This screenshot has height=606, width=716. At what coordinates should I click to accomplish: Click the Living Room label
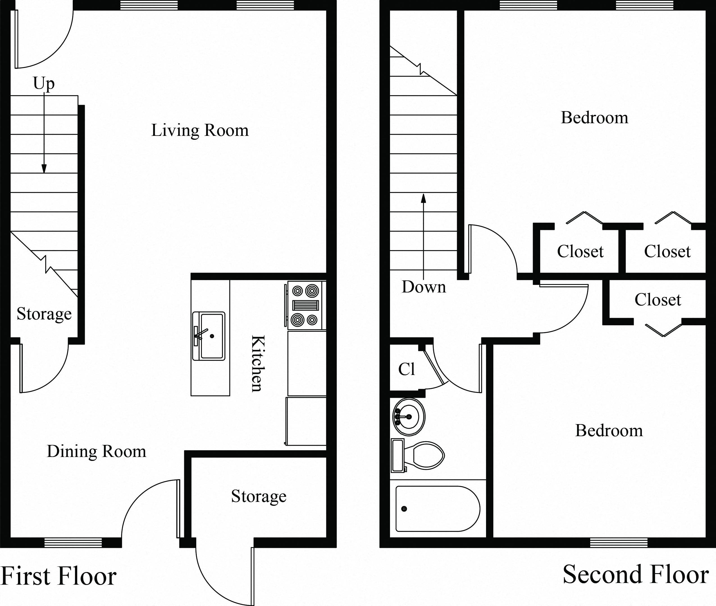(x=200, y=131)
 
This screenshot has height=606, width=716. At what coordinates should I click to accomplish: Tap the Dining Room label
(x=97, y=451)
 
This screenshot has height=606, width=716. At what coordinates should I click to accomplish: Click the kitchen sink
(x=209, y=336)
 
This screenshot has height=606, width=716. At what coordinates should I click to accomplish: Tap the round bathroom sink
(x=409, y=417)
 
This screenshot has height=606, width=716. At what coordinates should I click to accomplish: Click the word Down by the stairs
(x=424, y=287)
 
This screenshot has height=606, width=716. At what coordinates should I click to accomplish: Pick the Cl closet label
(x=407, y=369)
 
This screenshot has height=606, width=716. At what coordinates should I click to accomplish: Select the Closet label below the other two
(x=657, y=300)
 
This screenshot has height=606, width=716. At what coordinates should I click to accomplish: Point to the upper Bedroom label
(x=594, y=118)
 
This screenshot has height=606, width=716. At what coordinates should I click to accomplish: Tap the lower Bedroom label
(x=609, y=431)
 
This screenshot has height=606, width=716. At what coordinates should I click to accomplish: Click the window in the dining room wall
(x=73, y=543)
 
